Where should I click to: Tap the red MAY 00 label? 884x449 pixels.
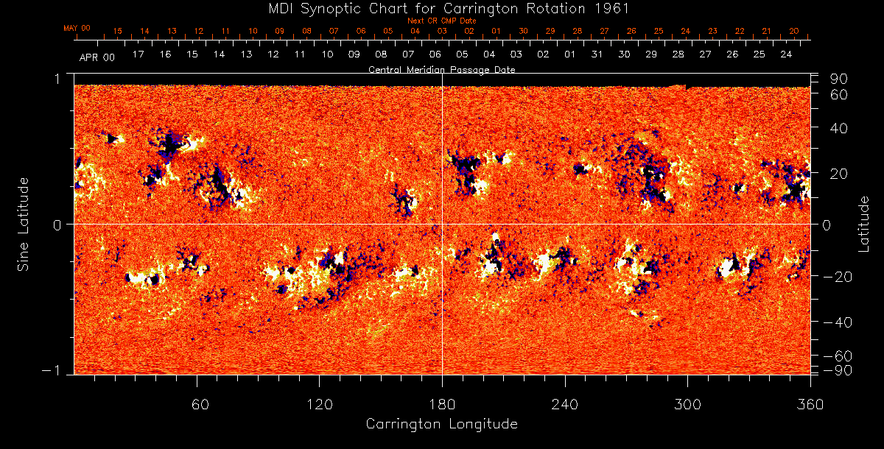[x=77, y=28]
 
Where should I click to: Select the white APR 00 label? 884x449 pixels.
[x=97, y=56]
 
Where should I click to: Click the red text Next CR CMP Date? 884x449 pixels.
[x=441, y=21]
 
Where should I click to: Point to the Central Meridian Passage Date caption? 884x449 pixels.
[x=441, y=70]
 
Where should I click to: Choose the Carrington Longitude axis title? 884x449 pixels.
[x=441, y=424]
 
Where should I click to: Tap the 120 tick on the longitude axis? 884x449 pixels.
[x=320, y=404]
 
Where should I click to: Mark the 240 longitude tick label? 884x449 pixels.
[x=565, y=404]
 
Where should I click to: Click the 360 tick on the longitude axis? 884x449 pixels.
[x=810, y=404]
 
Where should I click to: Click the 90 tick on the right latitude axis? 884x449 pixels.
[x=840, y=79]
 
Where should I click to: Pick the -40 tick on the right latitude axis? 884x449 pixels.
[x=835, y=322]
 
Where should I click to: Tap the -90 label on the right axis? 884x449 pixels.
[x=835, y=370]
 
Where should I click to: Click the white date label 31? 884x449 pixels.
[x=597, y=55]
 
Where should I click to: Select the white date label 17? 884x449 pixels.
[x=138, y=55]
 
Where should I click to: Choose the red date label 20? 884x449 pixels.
[x=793, y=32]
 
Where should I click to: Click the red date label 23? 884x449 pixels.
[x=712, y=32]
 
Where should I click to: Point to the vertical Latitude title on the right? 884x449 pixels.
[x=864, y=223]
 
